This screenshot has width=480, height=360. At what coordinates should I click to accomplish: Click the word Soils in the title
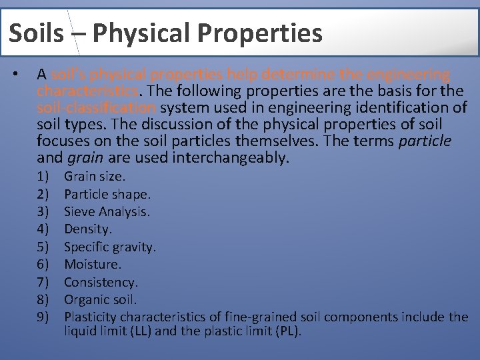(x=37, y=33)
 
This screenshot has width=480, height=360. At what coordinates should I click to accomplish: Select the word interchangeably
(x=231, y=158)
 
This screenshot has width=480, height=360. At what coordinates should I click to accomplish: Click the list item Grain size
(x=95, y=177)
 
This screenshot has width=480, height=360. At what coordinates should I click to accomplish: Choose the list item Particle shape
(x=107, y=195)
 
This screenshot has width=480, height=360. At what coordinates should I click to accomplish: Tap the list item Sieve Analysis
(x=107, y=212)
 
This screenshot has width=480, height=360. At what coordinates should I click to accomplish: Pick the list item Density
(x=88, y=229)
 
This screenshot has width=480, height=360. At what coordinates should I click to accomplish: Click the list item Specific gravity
(x=110, y=247)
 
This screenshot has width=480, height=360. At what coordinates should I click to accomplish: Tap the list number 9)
(x=43, y=317)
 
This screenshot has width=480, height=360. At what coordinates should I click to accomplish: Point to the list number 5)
(x=43, y=247)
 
